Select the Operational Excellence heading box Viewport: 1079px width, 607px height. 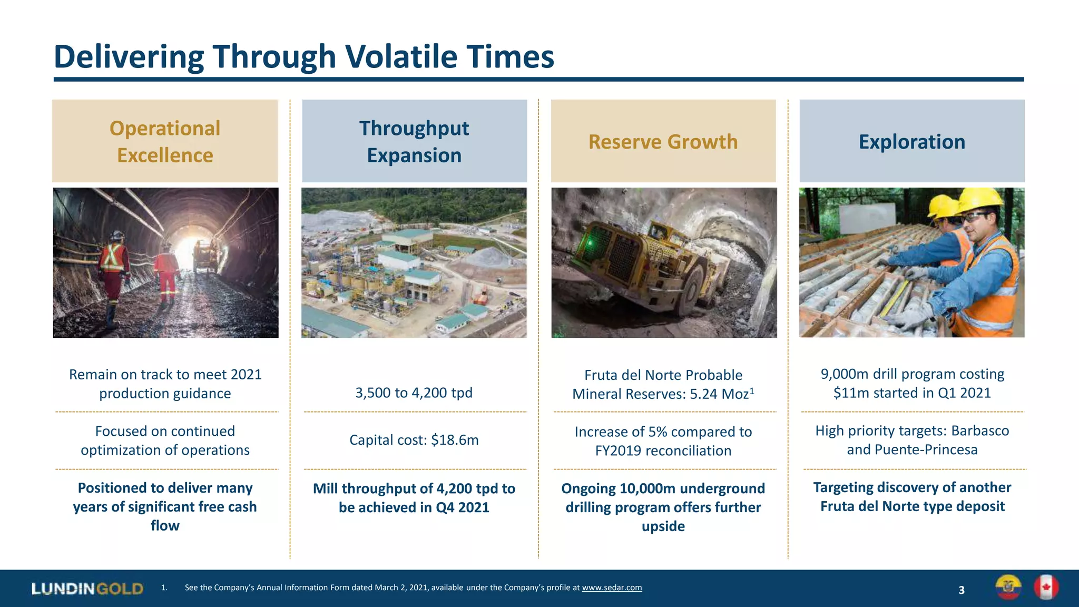pos(165,141)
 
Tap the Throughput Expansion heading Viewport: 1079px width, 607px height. pos(414,141)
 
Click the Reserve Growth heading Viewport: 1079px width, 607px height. pos(663,142)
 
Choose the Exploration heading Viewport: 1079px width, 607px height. pos(911,142)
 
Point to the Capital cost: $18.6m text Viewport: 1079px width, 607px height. pos(414,440)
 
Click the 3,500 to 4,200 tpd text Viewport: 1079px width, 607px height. pos(414,393)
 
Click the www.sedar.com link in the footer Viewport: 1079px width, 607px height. pos(612,588)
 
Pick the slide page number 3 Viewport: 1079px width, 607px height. pos(962,590)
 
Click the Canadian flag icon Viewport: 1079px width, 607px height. pos(1046,588)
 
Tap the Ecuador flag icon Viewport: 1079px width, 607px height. pos(1008,588)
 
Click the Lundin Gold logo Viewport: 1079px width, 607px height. pos(87,589)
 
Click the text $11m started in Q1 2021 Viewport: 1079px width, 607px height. pos(912,393)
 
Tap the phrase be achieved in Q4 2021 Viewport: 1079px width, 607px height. pos(414,507)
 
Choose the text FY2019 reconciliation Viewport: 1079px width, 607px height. pos(663,451)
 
